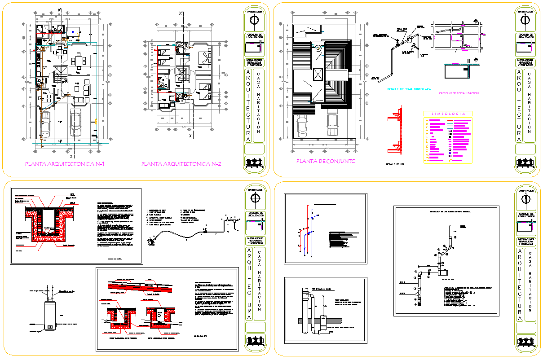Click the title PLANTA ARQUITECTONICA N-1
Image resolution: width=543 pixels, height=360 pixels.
coord(65,164)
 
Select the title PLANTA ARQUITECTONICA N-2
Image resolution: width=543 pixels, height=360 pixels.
coord(181,164)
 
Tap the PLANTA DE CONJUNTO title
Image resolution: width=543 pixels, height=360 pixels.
coord(326,161)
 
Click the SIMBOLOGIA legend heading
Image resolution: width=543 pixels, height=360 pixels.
coord(447,114)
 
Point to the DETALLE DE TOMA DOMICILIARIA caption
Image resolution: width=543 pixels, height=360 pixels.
coord(409,89)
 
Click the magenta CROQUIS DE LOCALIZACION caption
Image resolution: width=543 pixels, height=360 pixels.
coord(459,92)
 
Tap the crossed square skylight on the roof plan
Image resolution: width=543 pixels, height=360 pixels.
coord(318,75)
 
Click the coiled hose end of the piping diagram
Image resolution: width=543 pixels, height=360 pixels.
coord(151,241)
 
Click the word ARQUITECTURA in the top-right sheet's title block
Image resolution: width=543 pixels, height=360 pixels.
coord(519,105)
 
